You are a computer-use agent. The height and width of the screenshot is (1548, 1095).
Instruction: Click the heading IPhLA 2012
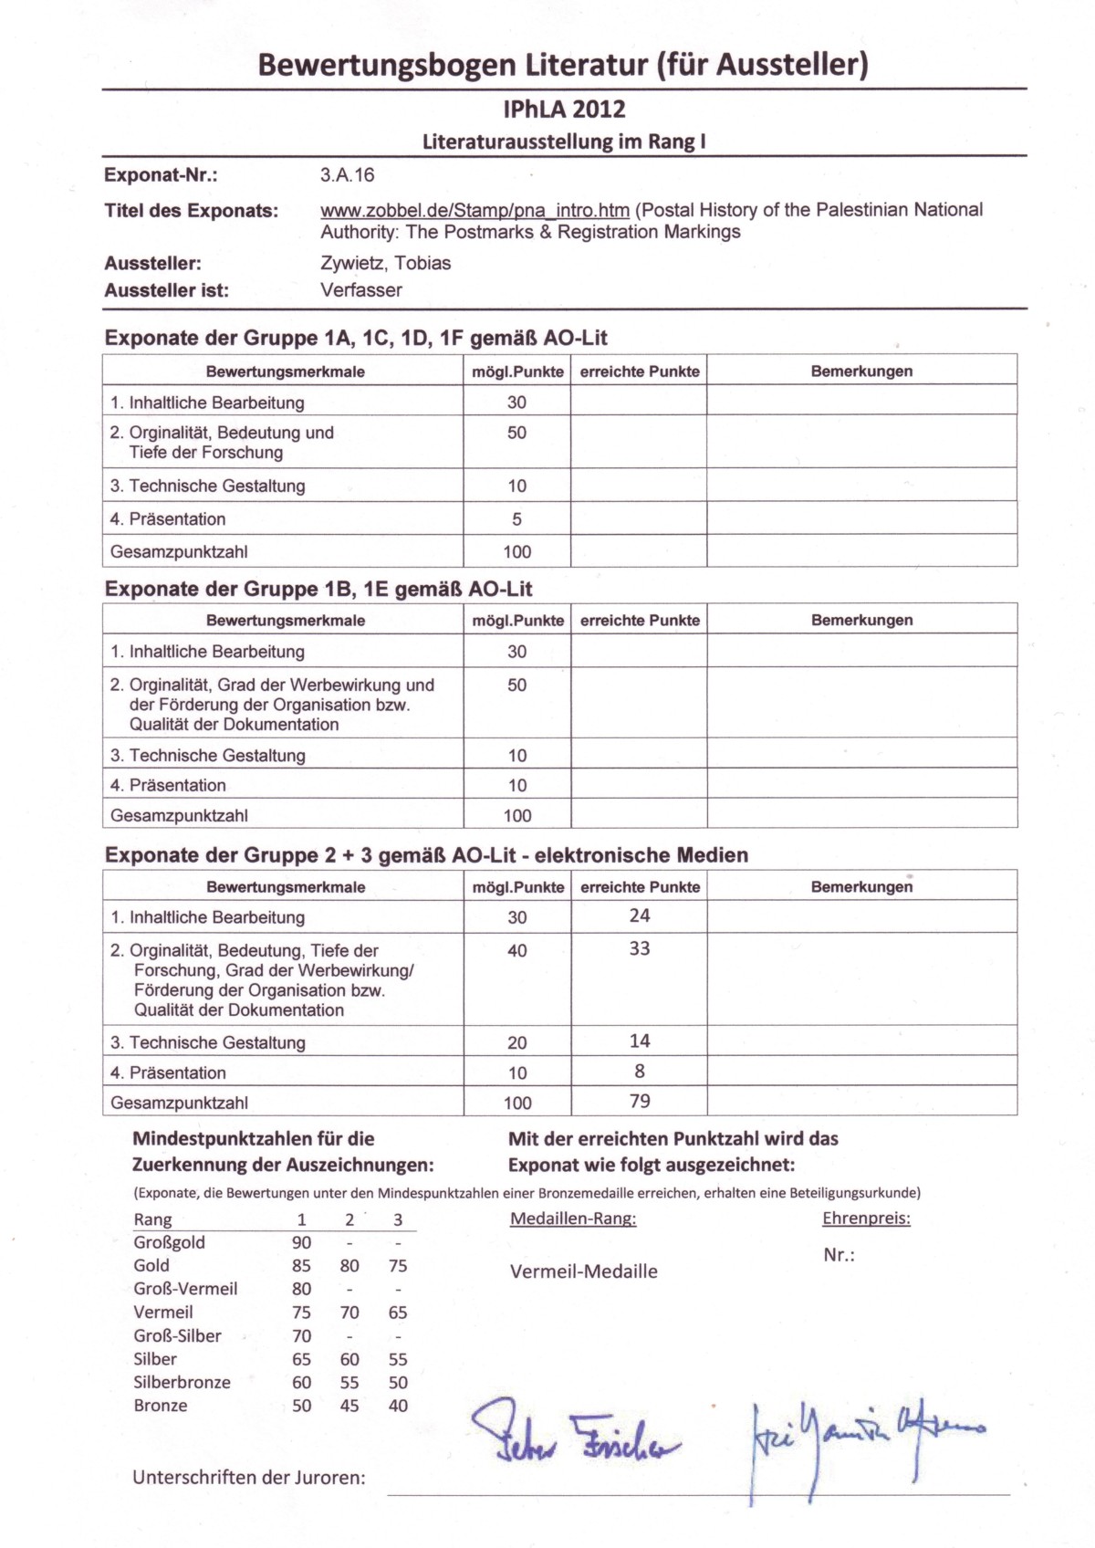click(564, 110)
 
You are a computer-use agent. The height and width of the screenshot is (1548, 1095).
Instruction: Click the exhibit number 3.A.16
click(347, 175)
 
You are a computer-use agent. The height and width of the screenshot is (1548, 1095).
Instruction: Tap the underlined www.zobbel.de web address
click(474, 210)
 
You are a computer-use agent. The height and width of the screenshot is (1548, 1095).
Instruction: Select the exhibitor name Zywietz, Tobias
click(385, 263)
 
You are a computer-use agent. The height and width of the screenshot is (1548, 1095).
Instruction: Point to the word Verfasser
click(360, 290)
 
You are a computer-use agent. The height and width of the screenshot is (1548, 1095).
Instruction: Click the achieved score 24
click(640, 915)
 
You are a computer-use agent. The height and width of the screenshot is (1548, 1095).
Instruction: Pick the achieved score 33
click(640, 948)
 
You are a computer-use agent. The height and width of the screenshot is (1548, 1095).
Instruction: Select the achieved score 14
click(640, 1041)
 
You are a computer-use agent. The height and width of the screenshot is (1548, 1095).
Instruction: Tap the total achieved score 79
click(640, 1101)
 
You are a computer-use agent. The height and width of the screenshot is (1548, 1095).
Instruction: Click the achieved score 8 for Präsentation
click(640, 1071)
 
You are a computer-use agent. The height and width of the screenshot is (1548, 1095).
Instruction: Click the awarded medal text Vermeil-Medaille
click(583, 1271)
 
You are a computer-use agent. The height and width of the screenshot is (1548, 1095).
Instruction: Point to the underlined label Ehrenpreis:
click(866, 1219)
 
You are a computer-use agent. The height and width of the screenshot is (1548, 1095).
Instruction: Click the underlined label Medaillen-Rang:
click(573, 1219)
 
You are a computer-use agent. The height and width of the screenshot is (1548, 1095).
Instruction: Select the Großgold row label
click(169, 1242)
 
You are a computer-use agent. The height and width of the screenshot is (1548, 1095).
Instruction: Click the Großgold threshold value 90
click(301, 1242)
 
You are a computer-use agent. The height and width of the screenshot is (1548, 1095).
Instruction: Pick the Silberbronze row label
click(182, 1383)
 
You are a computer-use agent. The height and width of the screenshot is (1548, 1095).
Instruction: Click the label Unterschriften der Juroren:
click(248, 1478)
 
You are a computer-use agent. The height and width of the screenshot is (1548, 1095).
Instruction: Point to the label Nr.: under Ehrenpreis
click(839, 1255)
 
